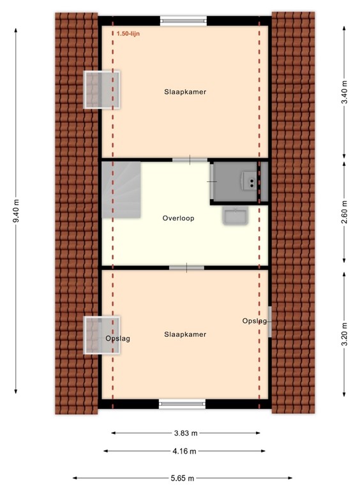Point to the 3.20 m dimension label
pyautogui.click(x=344, y=333)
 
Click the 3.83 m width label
pyautogui.click(x=185, y=433)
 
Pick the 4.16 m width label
pyautogui.click(x=185, y=451)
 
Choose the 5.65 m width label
pyautogui.click(x=183, y=478)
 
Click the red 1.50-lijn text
pyautogui.click(x=128, y=34)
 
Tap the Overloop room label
pyautogui.click(x=178, y=218)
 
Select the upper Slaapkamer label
pyautogui.click(x=185, y=92)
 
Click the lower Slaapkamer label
pyautogui.click(x=185, y=334)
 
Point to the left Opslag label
pyautogui.click(x=117, y=339)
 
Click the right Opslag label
pyautogui.click(x=254, y=321)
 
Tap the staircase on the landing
pyautogui.click(x=120, y=189)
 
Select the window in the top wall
pyautogui.click(x=183, y=20)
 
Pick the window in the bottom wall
pyautogui.click(x=183, y=403)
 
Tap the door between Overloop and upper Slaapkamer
pyautogui.click(x=190, y=160)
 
